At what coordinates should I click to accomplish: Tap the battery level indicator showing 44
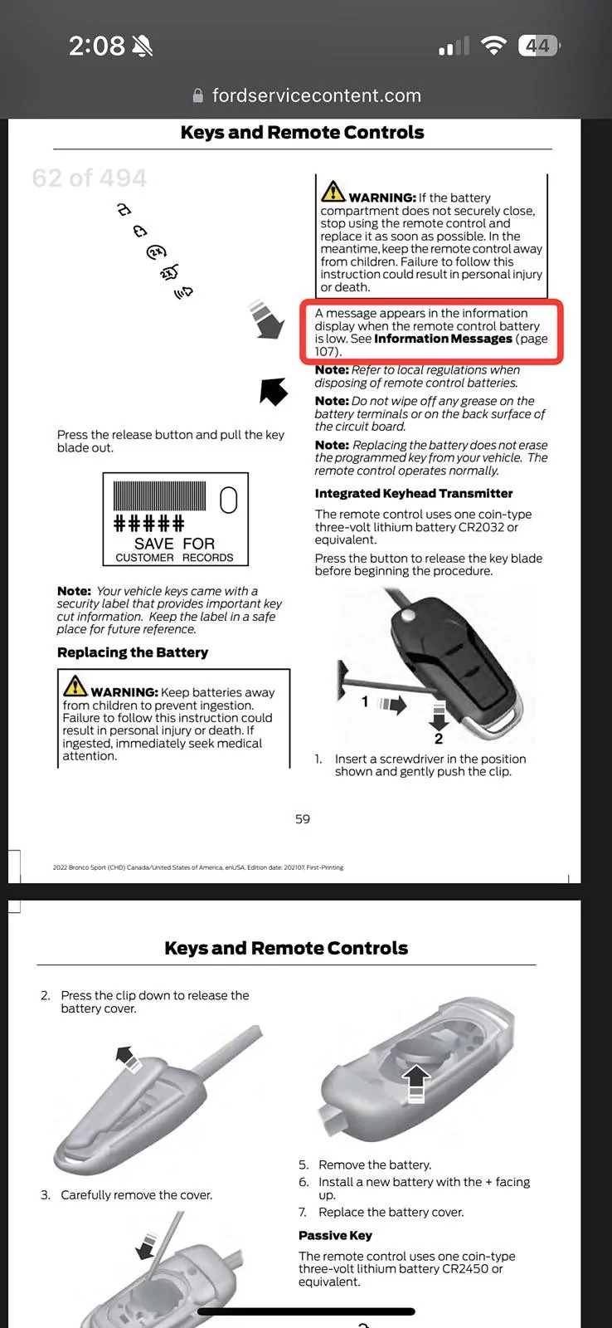coord(538,46)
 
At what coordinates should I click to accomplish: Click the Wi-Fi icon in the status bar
coord(493,46)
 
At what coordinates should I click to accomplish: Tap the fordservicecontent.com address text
coord(316,95)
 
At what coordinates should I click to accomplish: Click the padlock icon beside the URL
coord(197,96)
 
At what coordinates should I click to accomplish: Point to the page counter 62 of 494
coord(89,178)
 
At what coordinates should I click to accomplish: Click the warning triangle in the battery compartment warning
coord(333,192)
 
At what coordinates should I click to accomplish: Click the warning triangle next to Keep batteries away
coord(75,686)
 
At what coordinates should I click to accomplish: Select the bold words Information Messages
coord(443,339)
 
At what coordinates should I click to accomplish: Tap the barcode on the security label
coord(162,496)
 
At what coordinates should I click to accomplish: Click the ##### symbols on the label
coord(148,524)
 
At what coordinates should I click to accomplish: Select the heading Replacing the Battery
coord(133,652)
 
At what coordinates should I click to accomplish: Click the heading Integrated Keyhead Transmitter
coord(413,493)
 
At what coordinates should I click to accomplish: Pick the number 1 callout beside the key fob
coord(365,702)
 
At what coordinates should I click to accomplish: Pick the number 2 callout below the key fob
coord(439,738)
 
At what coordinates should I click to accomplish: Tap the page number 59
coord(303,819)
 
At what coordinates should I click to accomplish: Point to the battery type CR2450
coord(475,1269)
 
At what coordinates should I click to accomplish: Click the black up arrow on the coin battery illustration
coord(416,1079)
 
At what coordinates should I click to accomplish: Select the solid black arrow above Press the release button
coord(274,390)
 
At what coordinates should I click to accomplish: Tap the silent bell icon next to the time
coord(143,46)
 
